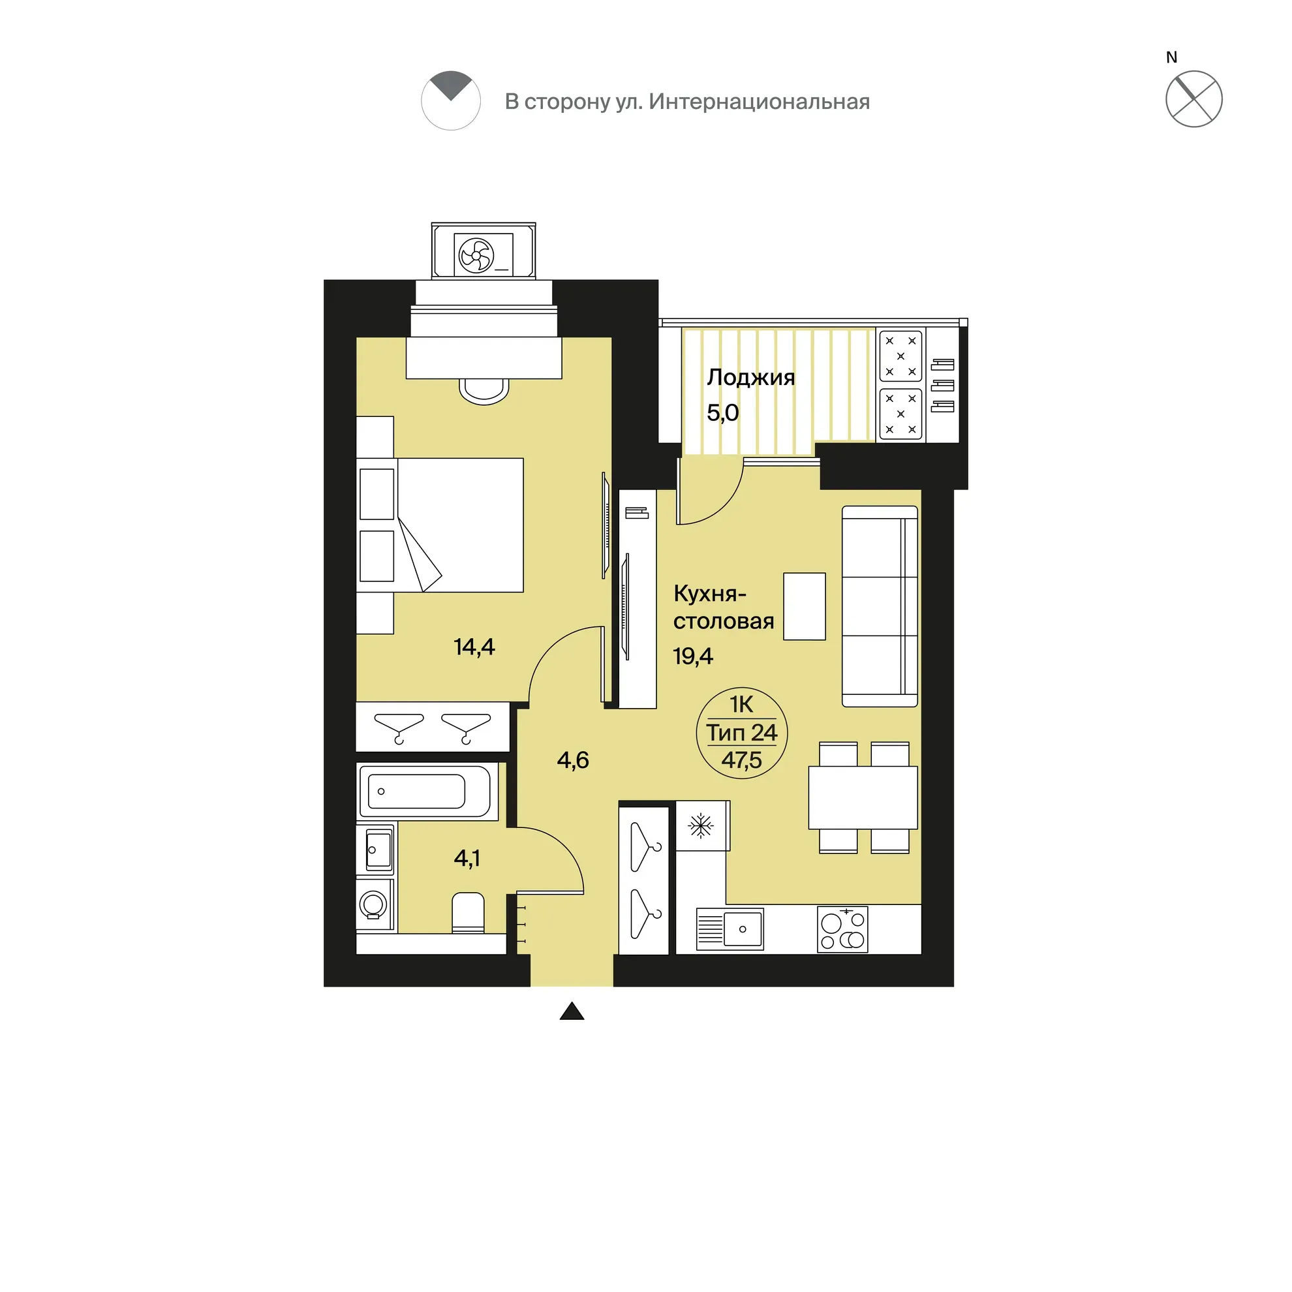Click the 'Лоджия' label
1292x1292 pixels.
[750, 378]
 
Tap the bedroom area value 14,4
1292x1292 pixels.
[474, 647]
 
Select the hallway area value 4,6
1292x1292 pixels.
[573, 760]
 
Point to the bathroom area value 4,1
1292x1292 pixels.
[467, 858]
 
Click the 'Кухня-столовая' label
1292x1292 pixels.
[724, 608]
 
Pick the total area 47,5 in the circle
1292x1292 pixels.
[742, 760]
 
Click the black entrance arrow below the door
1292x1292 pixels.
[572, 1011]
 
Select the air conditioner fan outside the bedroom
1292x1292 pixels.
[476, 254]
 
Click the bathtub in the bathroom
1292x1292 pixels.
[427, 791]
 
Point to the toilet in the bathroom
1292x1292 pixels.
[468, 912]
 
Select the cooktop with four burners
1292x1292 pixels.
[842, 929]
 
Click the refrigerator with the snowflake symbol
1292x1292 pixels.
[702, 826]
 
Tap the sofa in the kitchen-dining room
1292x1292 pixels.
[880, 607]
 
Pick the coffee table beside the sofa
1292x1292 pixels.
[805, 607]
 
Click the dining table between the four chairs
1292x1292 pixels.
[863, 798]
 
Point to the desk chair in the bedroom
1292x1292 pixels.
[484, 392]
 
